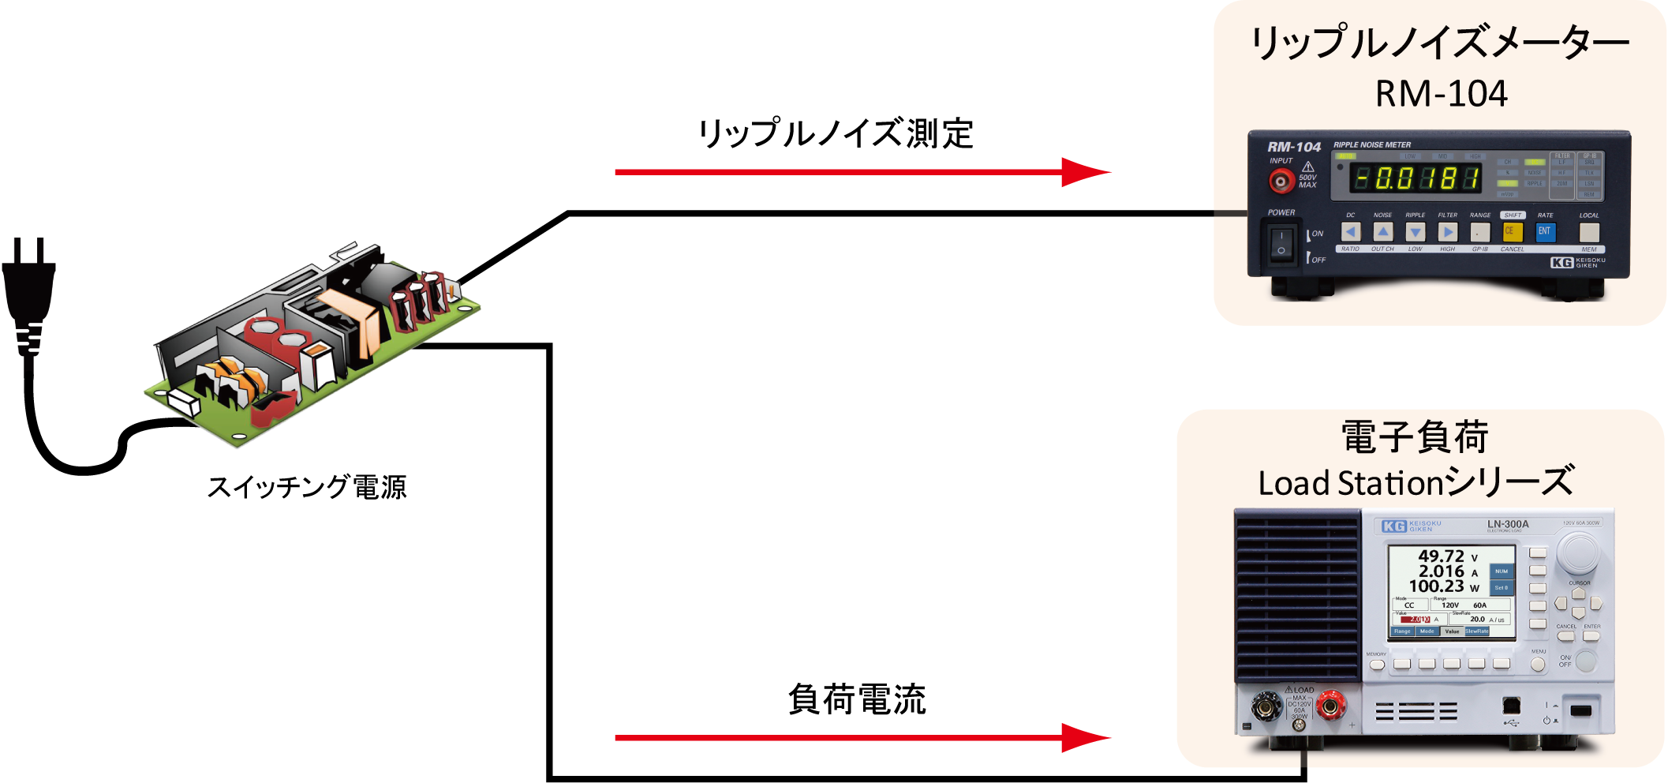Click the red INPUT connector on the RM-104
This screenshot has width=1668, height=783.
[x=1281, y=182]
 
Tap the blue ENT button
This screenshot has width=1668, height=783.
[x=1545, y=231]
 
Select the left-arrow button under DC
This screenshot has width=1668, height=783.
[x=1351, y=232]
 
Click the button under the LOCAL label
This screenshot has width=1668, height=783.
[x=1589, y=232]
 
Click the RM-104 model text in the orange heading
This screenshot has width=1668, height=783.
[x=1441, y=94]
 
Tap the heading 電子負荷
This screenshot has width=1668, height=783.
[x=1415, y=437]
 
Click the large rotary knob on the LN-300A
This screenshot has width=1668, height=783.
[x=1578, y=553]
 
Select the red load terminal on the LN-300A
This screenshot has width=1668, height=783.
[x=1331, y=707]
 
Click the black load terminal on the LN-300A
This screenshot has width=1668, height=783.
[x=1266, y=707]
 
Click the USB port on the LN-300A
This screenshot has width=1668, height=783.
[x=1512, y=705]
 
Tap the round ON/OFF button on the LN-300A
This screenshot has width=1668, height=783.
[x=1586, y=661]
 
